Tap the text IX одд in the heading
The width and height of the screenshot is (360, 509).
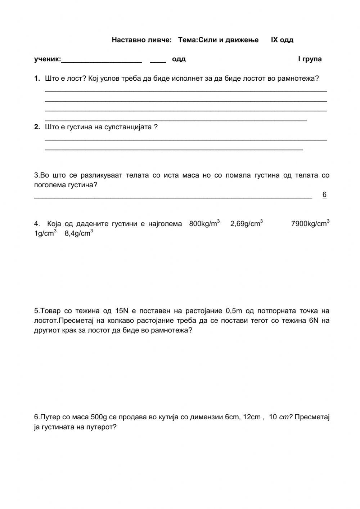(282, 40)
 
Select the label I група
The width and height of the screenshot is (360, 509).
(310, 59)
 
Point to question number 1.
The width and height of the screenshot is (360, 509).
(37, 79)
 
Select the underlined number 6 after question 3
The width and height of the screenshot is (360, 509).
(324, 195)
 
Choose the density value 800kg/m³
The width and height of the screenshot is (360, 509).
(204, 224)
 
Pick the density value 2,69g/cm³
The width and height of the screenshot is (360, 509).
(246, 224)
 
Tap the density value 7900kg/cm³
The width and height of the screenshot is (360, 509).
(310, 224)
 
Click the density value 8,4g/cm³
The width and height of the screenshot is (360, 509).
(78, 233)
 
